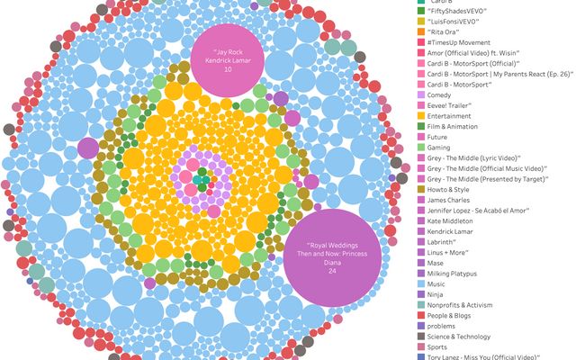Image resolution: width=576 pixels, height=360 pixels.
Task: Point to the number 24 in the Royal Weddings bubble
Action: coord(331,271)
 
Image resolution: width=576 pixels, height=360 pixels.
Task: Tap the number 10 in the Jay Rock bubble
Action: coord(228,69)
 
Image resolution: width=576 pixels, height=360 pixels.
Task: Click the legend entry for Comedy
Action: coord(438,94)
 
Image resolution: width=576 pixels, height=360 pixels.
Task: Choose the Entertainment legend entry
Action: coord(450,116)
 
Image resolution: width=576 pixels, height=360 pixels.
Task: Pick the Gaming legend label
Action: coord(440,148)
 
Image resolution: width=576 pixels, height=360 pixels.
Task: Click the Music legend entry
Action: coord(437,283)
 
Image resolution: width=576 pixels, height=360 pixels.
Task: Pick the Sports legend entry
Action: coord(438,346)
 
